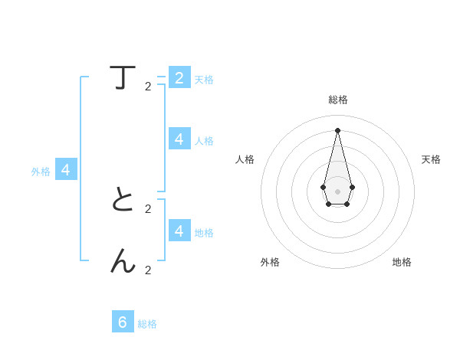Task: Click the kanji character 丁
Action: click(123, 77)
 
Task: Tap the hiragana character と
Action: click(123, 199)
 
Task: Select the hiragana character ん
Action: click(123, 261)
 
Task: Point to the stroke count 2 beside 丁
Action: click(148, 87)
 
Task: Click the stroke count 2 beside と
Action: click(148, 208)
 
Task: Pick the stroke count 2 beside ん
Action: click(148, 270)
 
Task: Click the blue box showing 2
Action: click(179, 77)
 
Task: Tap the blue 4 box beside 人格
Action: click(179, 139)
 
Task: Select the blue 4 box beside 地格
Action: click(179, 231)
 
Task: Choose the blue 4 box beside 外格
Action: click(66, 170)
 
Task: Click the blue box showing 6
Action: click(123, 322)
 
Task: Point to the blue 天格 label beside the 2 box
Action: click(204, 80)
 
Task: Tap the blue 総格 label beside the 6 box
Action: click(147, 324)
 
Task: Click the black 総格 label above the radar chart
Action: click(337, 100)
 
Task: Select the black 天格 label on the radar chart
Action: click(431, 159)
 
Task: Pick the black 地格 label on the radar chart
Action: click(402, 262)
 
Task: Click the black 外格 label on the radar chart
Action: click(270, 262)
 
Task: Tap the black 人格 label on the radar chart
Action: click(245, 159)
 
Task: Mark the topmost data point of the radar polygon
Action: click(337, 129)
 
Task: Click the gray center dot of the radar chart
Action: click(337, 191)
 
